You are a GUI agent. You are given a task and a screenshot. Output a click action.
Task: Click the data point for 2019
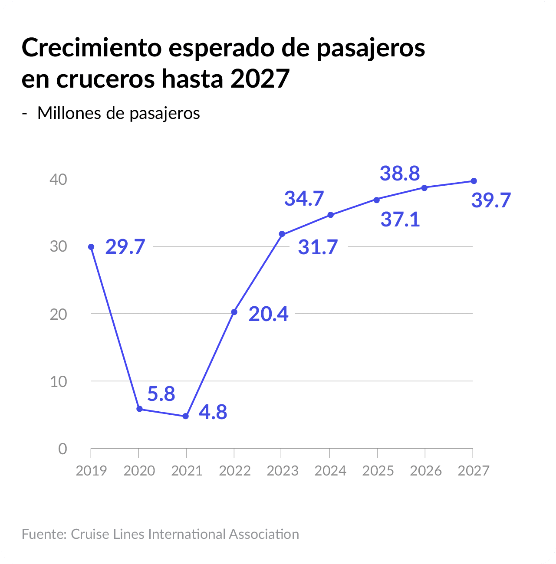91,247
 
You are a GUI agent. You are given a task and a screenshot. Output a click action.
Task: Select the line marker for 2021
186,416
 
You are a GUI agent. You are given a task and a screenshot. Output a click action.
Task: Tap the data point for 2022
234,312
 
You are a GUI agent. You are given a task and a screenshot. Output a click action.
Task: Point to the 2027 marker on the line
474,181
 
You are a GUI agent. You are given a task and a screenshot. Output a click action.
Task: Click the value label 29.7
125,247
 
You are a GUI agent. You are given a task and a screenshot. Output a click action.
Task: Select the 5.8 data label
161,393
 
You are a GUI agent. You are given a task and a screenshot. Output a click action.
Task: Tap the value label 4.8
213,412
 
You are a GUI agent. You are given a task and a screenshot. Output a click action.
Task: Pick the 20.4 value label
268,314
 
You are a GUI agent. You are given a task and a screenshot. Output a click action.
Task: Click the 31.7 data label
318,247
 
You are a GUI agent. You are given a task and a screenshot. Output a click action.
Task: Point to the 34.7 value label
304,198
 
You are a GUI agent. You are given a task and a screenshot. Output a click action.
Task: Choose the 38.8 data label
400,173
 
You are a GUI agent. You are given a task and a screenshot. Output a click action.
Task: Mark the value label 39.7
491,200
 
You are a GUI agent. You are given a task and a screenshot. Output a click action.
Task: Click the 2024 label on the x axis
330,471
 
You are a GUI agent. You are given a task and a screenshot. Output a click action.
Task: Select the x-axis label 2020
139,471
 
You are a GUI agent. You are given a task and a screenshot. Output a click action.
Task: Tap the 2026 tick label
426,471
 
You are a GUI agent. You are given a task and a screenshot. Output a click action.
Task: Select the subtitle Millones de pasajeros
118,113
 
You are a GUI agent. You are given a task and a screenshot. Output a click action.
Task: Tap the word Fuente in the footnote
43,534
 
